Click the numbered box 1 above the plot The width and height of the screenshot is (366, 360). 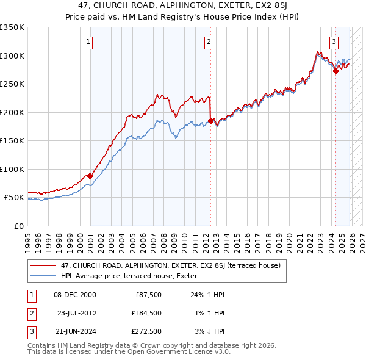[89, 42]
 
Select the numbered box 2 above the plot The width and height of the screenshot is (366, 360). [209, 42]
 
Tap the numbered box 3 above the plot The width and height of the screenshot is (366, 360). [334, 42]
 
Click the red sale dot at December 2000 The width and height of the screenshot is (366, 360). [90, 176]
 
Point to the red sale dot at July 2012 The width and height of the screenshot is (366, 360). [210, 121]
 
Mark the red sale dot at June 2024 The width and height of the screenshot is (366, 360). [335, 71]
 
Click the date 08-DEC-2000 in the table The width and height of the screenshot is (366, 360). [74, 295]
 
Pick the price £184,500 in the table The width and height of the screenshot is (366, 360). [146, 312]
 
